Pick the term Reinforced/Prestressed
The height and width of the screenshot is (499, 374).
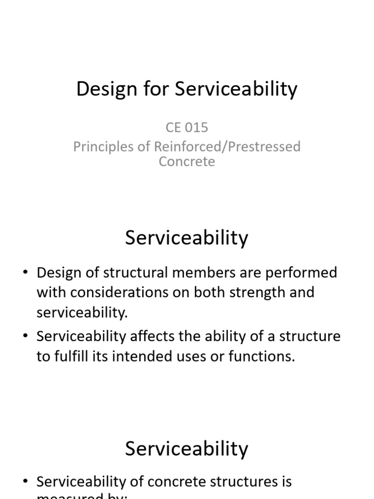point(232,147)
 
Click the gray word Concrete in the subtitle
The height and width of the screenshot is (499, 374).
point(187,161)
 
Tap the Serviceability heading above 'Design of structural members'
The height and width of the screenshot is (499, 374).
point(187,238)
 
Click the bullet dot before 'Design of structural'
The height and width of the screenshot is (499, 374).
point(25,273)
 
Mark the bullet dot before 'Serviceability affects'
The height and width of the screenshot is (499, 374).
point(25,337)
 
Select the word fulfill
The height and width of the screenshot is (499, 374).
point(72,356)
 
